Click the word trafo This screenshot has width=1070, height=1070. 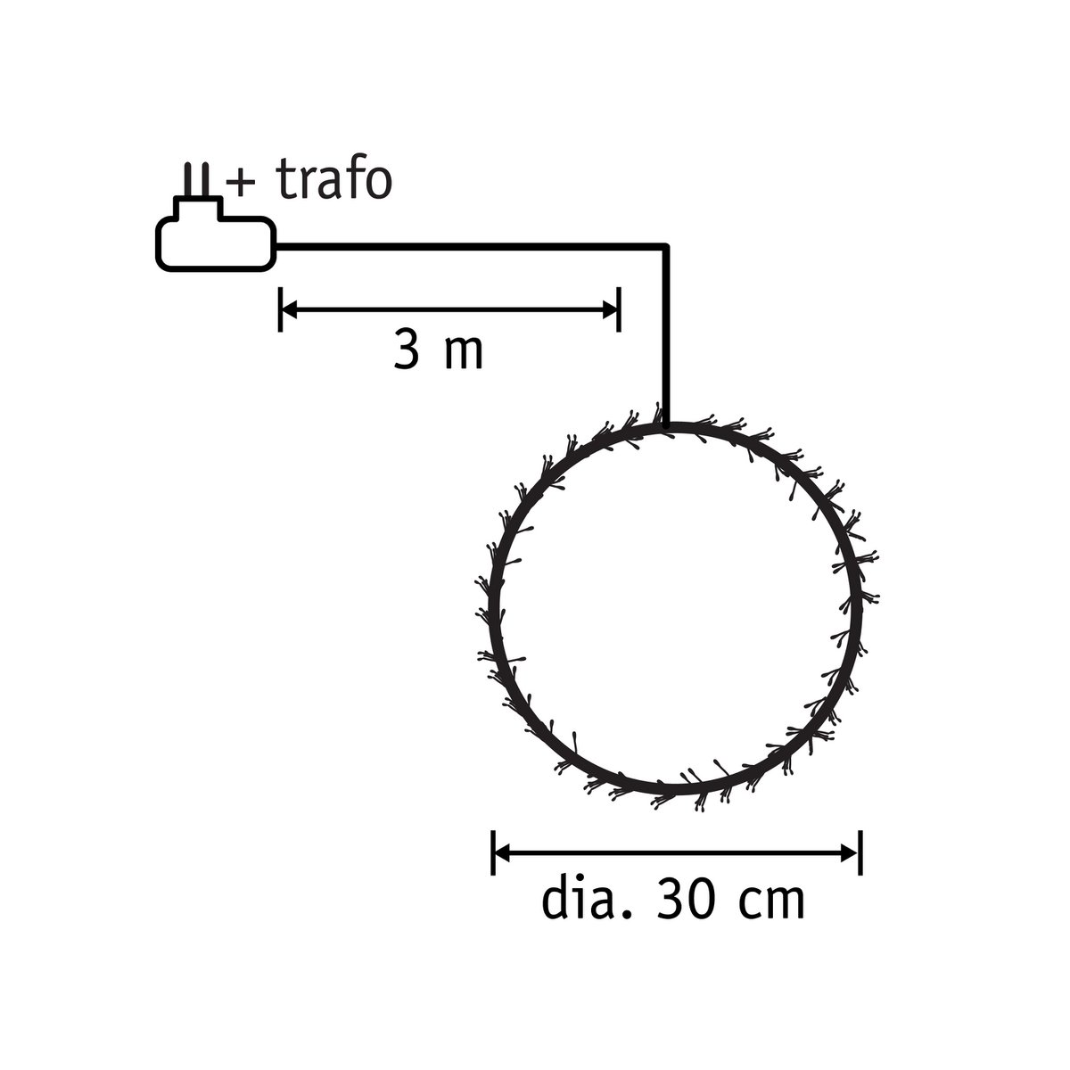334,181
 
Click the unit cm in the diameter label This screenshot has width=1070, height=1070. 773,902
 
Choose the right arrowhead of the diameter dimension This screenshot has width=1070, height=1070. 852,853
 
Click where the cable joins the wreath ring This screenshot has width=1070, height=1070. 665,426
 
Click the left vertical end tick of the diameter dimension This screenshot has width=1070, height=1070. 492,853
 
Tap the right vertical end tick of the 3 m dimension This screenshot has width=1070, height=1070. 619,309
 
